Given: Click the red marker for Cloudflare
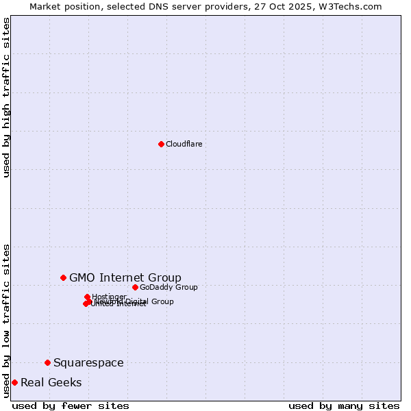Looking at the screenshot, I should (x=161, y=144).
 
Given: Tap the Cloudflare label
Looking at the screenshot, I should (x=184, y=144).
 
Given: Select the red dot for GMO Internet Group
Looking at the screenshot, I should (x=63, y=277).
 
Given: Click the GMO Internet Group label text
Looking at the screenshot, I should (x=125, y=277).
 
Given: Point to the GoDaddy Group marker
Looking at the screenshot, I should (x=135, y=287).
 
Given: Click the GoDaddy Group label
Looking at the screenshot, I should (x=169, y=287).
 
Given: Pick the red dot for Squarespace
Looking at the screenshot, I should (x=47, y=362).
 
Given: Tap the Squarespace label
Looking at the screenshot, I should (x=88, y=362).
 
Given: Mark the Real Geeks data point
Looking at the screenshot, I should (x=14, y=382).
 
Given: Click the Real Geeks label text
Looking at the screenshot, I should (x=51, y=382).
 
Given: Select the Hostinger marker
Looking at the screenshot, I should (x=87, y=297).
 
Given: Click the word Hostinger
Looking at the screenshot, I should (x=110, y=297).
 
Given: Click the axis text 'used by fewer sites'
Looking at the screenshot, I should (x=71, y=406).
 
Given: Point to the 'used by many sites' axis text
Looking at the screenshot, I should (x=344, y=406).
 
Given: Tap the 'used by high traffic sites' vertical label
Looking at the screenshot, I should (x=7, y=97).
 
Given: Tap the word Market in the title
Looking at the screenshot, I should (x=45, y=6).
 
